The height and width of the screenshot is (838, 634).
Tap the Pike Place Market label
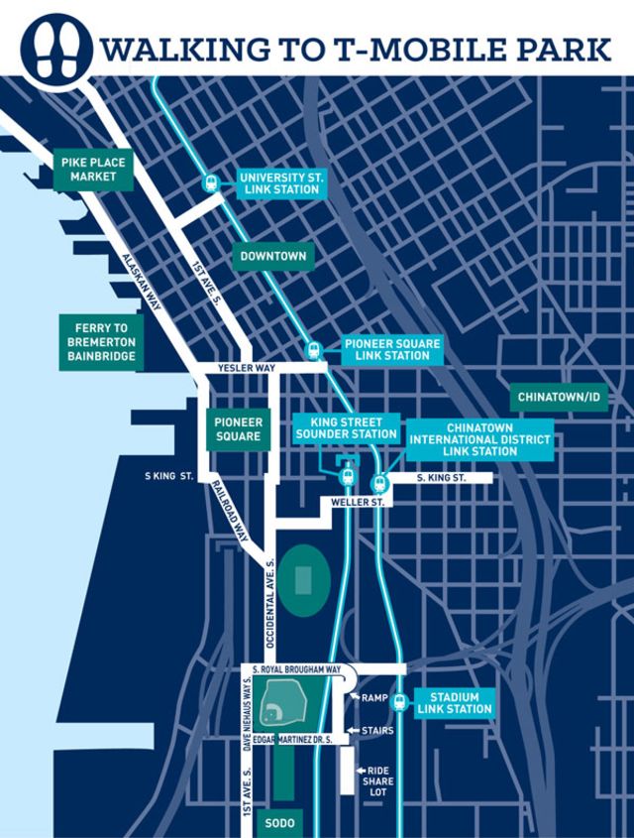86,169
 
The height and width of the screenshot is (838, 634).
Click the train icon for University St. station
211,182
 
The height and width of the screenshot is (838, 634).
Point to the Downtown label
272,256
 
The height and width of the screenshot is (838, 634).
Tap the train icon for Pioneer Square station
315,350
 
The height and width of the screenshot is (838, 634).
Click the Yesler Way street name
229,368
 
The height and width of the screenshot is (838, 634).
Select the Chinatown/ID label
561,397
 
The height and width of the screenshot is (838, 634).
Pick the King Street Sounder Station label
347,427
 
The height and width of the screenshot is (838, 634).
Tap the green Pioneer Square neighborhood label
238,428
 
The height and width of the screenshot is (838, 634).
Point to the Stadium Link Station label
455,702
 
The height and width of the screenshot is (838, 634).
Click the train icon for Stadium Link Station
399,702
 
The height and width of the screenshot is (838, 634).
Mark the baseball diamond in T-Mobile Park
272,712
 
